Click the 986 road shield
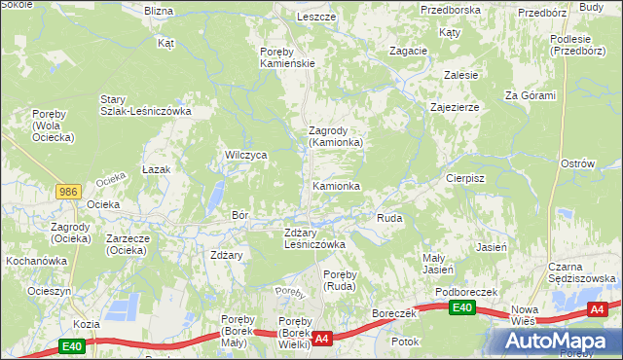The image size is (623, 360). (67, 192)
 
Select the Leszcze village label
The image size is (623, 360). (316, 18)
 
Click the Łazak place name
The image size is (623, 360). (156, 169)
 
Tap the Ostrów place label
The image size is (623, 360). (577, 163)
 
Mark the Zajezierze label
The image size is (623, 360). (454, 107)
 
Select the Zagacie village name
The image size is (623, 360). (408, 51)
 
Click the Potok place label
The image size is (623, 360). (404, 342)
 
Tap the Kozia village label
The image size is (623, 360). (87, 324)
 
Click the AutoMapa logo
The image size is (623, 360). (555, 341)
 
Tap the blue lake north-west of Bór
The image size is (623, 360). (211, 198)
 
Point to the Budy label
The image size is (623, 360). (591, 7)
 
